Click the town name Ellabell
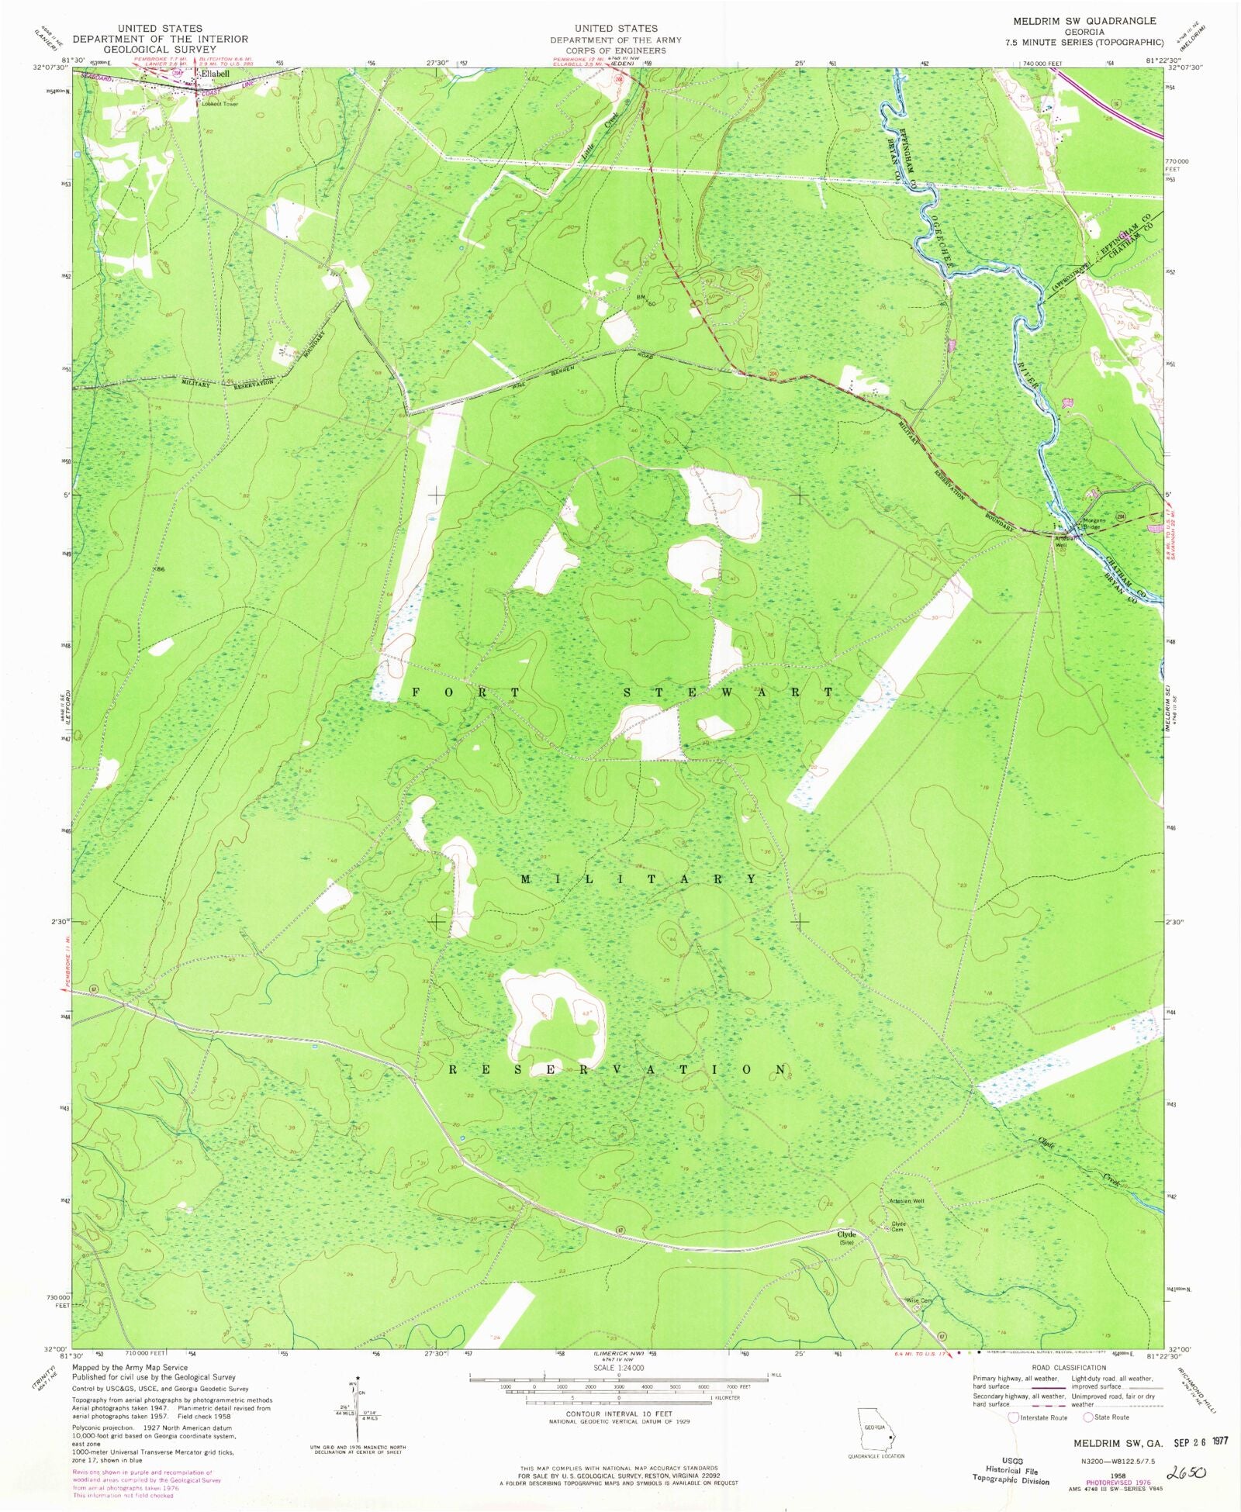click(x=215, y=74)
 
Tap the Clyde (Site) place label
click(x=846, y=1238)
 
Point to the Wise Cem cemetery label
click(x=918, y=1300)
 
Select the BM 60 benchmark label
click(x=646, y=300)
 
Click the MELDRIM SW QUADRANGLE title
click(x=1084, y=21)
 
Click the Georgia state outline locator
click(x=876, y=1433)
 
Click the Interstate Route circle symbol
click(x=1013, y=1417)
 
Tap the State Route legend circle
click(x=1088, y=1417)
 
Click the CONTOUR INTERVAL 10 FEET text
click(x=617, y=1414)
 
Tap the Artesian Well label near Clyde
click(x=906, y=1201)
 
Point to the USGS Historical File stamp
click(x=1012, y=1471)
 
